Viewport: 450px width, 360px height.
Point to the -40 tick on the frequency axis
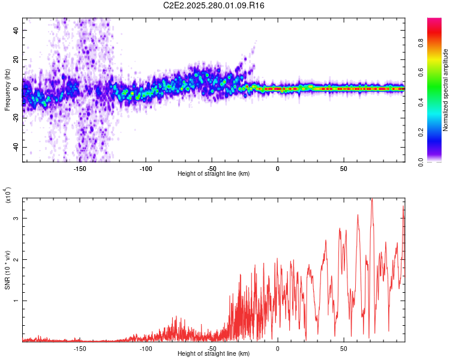16,147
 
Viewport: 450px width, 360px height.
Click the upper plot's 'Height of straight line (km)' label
214,174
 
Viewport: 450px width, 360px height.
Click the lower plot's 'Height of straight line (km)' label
214,354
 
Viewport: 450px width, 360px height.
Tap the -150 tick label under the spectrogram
79,169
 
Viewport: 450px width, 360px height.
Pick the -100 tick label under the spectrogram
145,169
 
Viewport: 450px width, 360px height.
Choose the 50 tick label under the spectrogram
343,169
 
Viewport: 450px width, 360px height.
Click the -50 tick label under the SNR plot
211,349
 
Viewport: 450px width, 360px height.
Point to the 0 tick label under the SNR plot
277,349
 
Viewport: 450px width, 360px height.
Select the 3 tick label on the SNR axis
17,218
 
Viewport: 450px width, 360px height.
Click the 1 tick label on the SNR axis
17,301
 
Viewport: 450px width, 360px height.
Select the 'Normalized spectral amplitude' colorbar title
446,90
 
